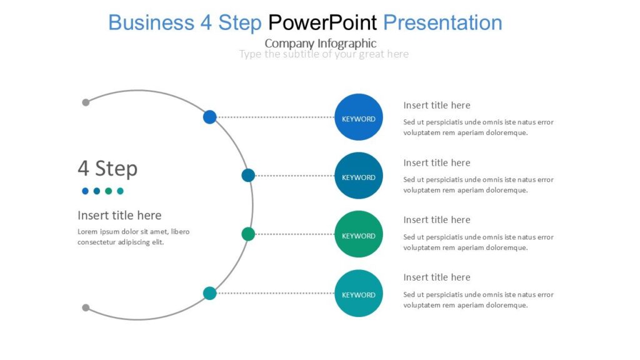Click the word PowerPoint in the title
click(322, 22)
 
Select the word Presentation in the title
click(442, 22)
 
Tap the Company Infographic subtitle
click(321, 43)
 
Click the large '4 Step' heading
click(107, 168)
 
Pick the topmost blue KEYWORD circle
click(359, 117)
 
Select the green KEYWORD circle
click(359, 234)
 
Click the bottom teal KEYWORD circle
click(359, 294)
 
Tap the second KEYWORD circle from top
click(359, 176)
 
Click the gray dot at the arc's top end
click(86, 102)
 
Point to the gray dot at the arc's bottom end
click(86, 307)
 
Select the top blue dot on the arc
click(209, 117)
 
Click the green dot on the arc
click(248, 234)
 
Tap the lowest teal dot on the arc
click(210, 293)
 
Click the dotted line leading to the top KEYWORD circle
click(275, 117)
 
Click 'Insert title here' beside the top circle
click(437, 105)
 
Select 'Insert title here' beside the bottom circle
click(437, 277)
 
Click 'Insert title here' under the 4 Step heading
click(119, 215)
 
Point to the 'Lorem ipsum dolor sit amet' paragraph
click(133, 237)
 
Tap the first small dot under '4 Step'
click(85, 191)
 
